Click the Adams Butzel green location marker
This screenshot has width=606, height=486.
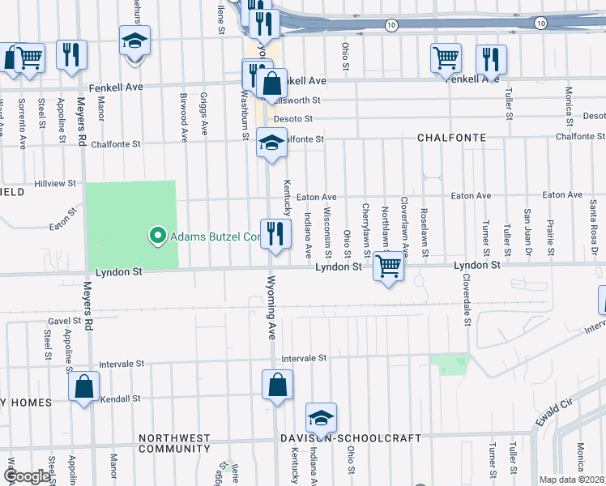pos(157,237)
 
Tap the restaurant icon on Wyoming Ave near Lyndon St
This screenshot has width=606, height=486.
pos(275,234)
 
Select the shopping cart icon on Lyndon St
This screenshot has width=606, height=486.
pos(389,266)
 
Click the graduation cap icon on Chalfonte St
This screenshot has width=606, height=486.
pos(271,143)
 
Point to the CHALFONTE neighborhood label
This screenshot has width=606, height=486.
pos(451,138)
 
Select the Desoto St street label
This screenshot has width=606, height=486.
pos(293,119)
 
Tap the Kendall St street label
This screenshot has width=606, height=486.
pos(120,399)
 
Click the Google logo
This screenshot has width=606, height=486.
pos(27,476)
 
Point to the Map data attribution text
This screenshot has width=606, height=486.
pos(571,480)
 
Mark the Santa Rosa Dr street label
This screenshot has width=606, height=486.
pos(595,236)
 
